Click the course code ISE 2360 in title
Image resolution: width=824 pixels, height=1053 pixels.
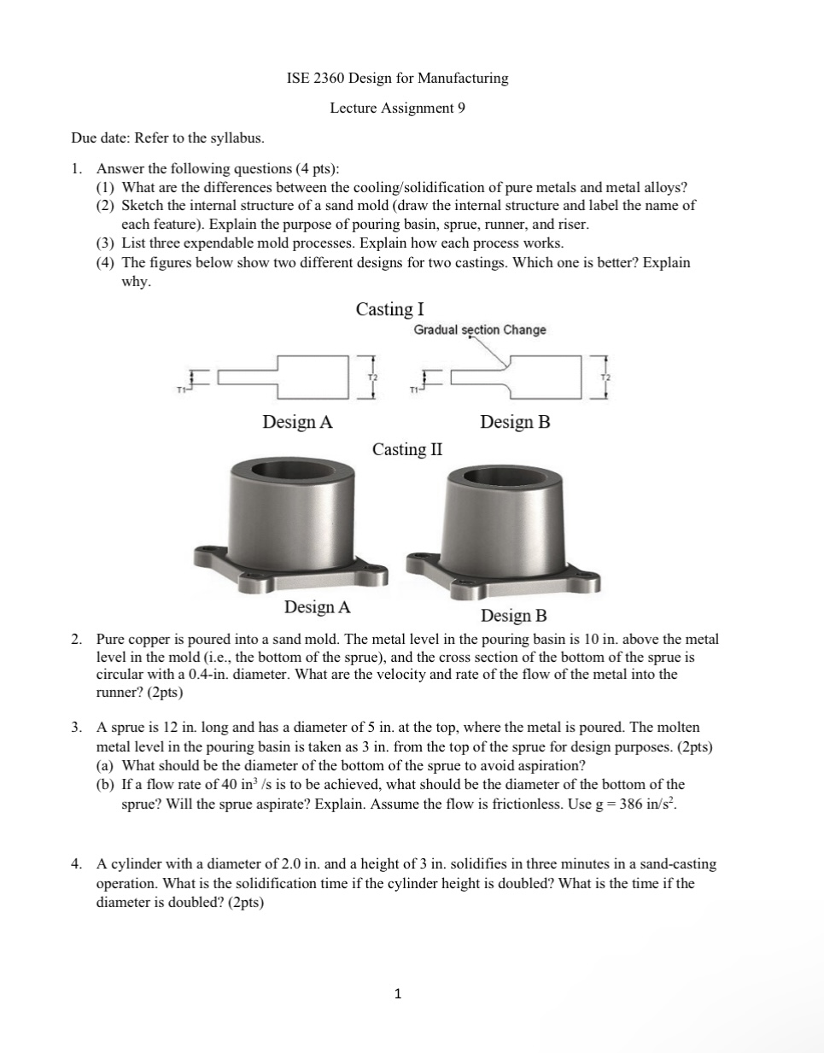pyautogui.click(x=317, y=79)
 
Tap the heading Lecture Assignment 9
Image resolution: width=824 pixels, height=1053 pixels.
pyautogui.click(x=397, y=108)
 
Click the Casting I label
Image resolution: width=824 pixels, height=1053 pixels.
pyautogui.click(x=389, y=309)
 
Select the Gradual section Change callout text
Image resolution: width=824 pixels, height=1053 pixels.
pyautogui.click(x=480, y=330)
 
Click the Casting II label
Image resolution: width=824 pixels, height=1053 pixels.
pyautogui.click(x=407, y=449)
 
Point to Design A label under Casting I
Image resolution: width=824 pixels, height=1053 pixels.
pyautogui.click(x=297, y=422)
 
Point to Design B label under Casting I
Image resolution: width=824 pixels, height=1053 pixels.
pyautogui.click(x=515, y=422)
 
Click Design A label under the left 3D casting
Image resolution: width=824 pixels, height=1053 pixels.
pyautogui.click(x=317, y=607)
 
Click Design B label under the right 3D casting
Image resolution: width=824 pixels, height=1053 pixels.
pyautogui.click(x=513, y=616)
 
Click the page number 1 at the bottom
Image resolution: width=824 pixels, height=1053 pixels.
pyautogui.click(x=397, y=994)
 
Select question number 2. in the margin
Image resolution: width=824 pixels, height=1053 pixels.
pyautogui.click(x=77, y=639)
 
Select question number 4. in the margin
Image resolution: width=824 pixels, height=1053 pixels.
pyautogui.click(x=77, y=864)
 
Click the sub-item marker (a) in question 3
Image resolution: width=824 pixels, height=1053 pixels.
pyautogui.click(x=105, y=765)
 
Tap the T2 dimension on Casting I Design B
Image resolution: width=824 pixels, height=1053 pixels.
pyautogui.click(x=606, y=377)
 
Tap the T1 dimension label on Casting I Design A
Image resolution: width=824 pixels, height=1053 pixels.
pyautogui.click(x=181, y=390)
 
